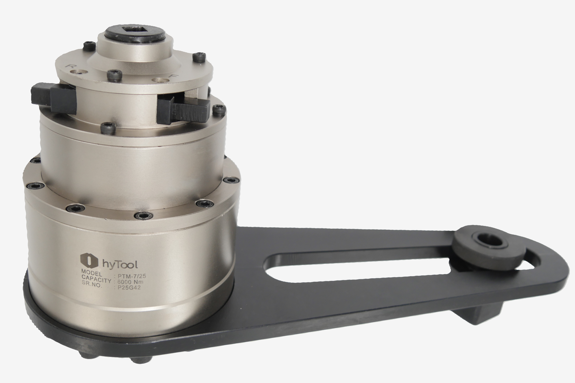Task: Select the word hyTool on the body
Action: pyautogui.click(x=120, y=263)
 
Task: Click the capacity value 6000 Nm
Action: pyautogui.click(x=130, y=282)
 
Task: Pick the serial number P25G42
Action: pyautogui.click(x=128, y=288)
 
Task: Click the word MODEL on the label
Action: pyautogui.click(x=92, y=271)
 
